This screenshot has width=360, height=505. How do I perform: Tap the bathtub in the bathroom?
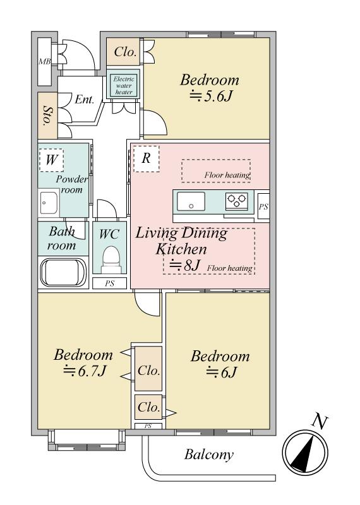point(63,271)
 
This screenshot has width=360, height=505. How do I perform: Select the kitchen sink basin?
point(191,201)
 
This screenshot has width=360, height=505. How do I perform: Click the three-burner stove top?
point(237,200)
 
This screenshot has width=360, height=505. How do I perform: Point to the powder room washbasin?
point(49,203)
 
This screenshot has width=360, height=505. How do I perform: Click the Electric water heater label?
point(124,85)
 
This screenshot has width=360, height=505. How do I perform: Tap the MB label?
point(44,61)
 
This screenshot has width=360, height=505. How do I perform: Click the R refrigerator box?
point(147,158)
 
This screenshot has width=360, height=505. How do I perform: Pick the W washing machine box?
point(51,160)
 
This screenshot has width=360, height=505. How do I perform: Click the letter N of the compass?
point(320,422)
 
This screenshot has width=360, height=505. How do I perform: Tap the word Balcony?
point(209,454)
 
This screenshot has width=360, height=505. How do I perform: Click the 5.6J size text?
point(211,96)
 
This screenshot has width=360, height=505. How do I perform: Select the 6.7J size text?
point(85,371)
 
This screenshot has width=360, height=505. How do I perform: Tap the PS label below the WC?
point(110,283)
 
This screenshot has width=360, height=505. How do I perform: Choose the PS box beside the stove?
point(263,207)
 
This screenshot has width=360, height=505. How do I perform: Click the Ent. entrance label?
point(85,99)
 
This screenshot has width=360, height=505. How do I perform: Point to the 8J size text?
point(185,265)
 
